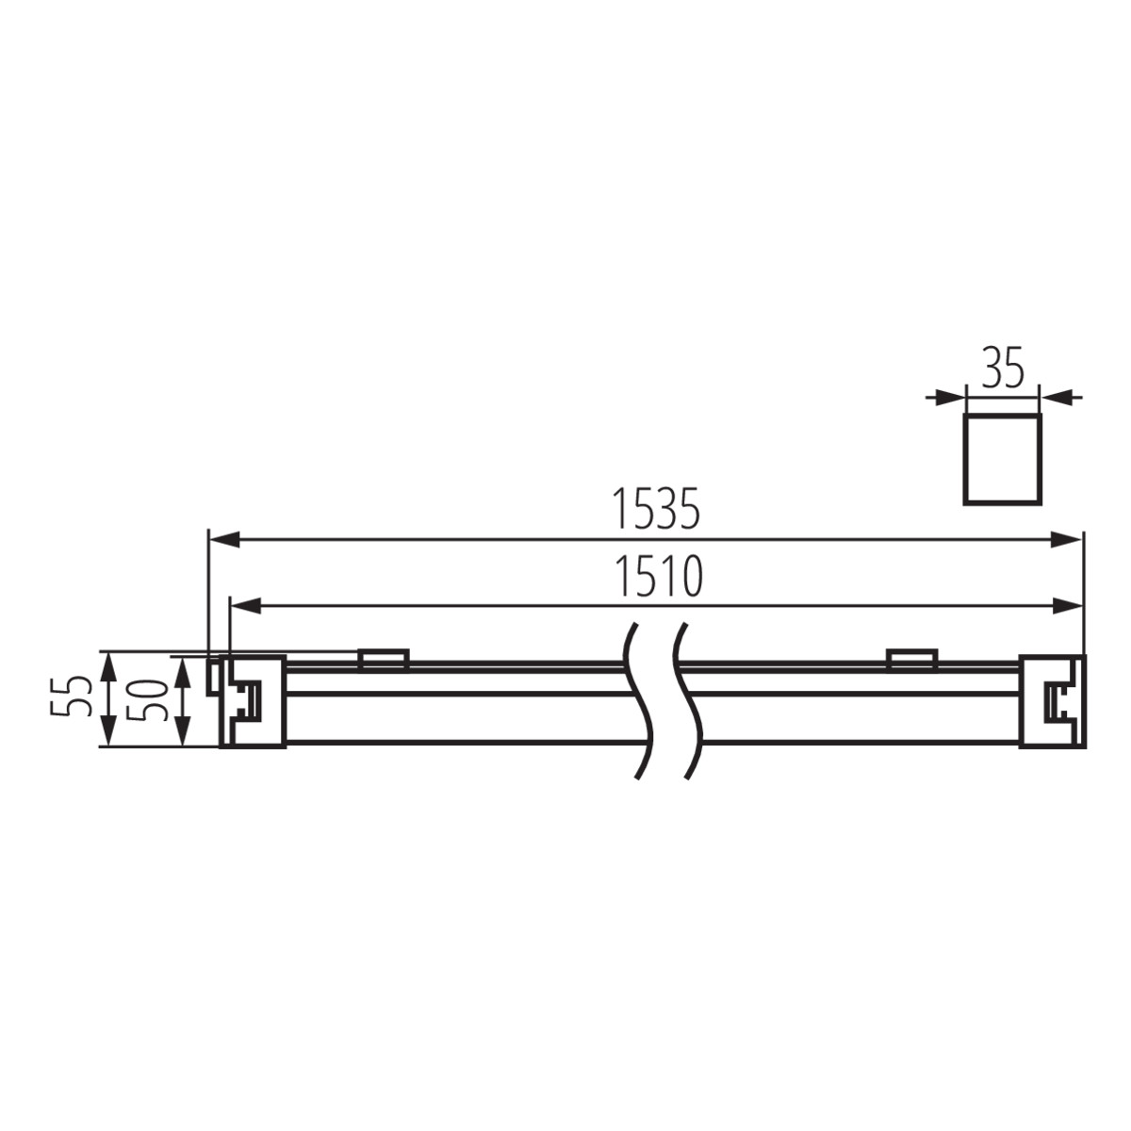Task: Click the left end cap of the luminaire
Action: click(251, 701)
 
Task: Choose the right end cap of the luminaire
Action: click(1051, 701)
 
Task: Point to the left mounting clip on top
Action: click(383, 659)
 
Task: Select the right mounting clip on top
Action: click(910, 659)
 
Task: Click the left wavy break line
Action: click(639, 699)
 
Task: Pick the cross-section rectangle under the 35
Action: click(1002, 457)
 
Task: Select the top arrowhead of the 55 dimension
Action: click(109, 664)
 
